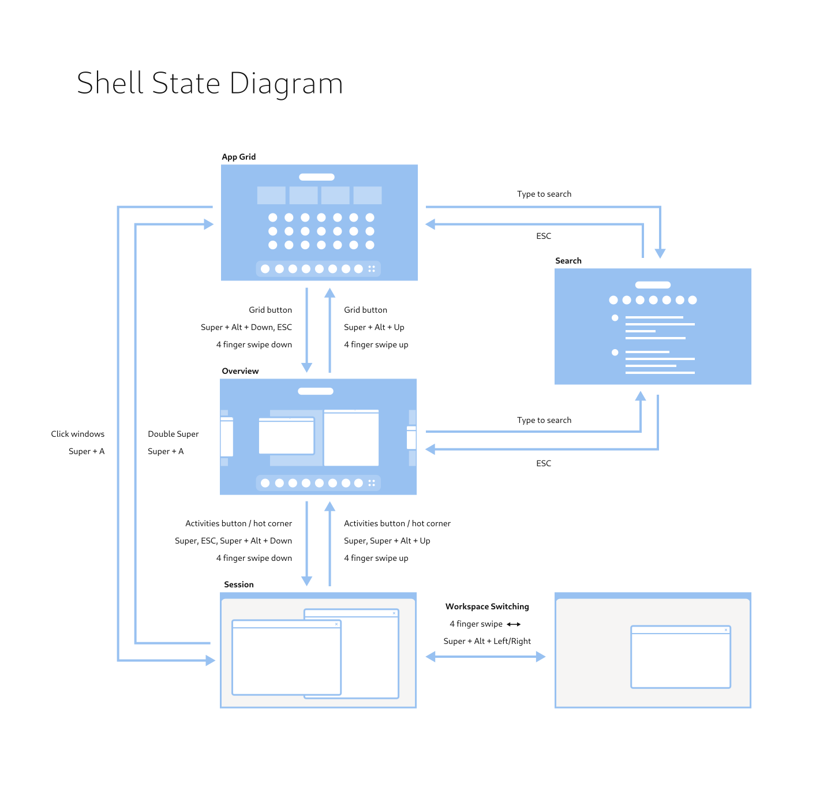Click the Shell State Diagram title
[x=210, y=83]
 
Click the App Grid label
[x=238, y=157]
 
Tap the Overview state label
[x=240, y=371]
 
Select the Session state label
[x=238, y=585]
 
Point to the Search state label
[x=568, y=261]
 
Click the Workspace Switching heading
[x=487, y=606]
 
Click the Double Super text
[x=173, y=434]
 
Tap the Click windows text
[x=77, y=434]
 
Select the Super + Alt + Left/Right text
[x=487, y=641]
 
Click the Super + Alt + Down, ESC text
[x=246, y=327]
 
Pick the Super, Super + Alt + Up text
[x=387, y=541]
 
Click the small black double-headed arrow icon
[x=514, y=624]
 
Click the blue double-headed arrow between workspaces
[x=485, y=657]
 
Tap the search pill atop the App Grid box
[x=317, y=177]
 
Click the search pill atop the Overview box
[x=316, y=391]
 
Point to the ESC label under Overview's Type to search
[x=544, y=463]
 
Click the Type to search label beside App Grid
[x=544, y=194]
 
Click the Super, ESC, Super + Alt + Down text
[x=233, y=541]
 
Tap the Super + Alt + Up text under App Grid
[x=374, y=327]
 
